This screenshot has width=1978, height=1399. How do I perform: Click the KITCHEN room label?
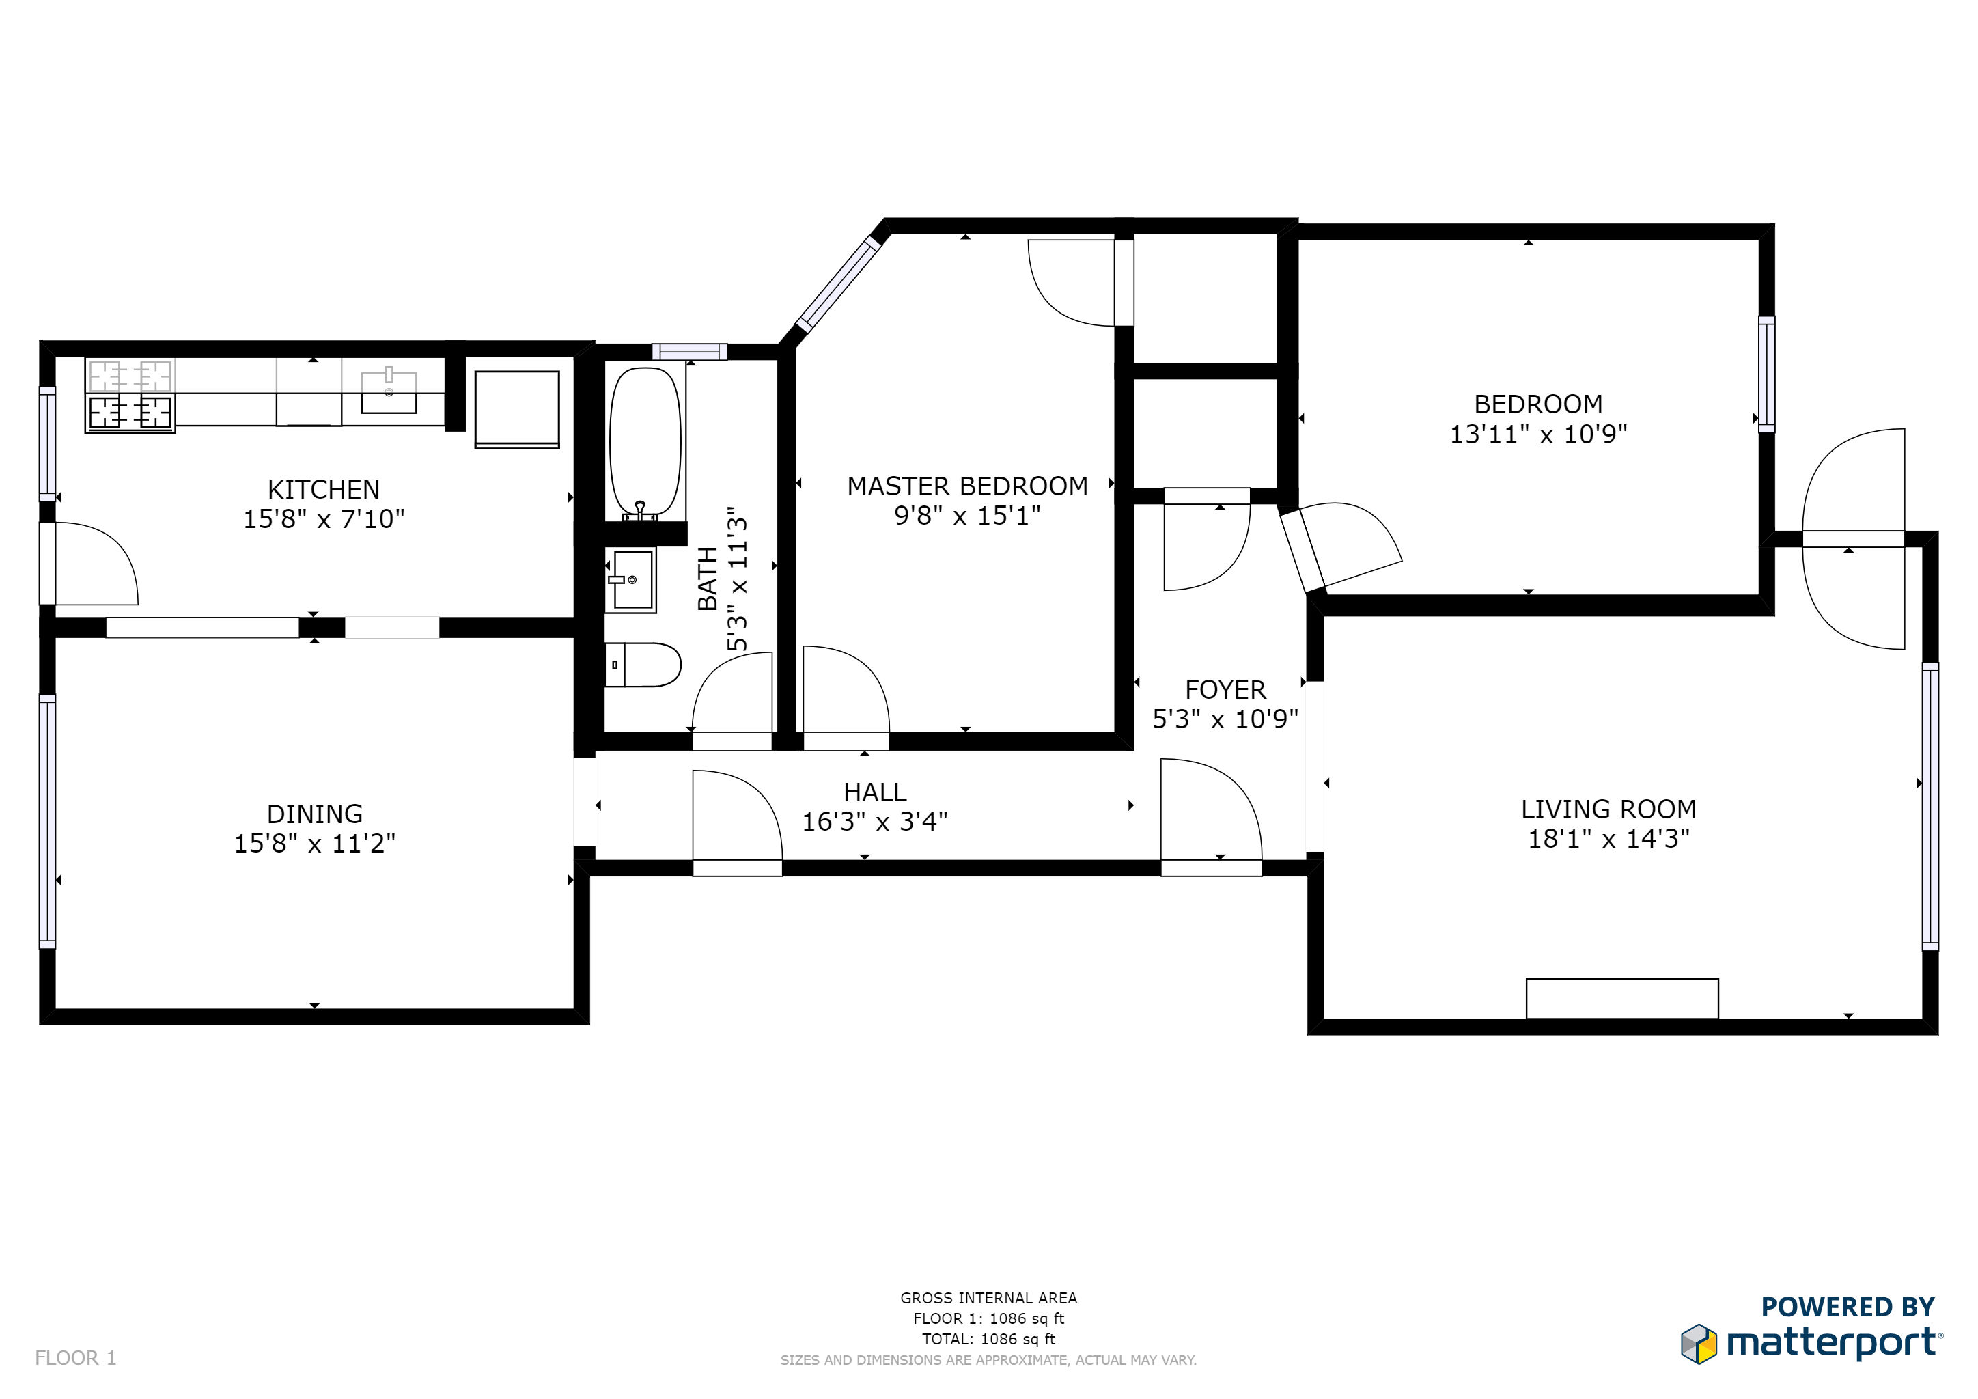point(323,489)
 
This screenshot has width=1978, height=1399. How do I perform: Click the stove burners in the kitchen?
point(130,396)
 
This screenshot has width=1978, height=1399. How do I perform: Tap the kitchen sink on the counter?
point(389,392)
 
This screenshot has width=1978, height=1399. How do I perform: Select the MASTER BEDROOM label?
point(966,486)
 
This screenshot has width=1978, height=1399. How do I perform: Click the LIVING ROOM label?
point(1608,809)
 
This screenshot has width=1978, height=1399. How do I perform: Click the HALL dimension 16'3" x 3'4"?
point(874,822)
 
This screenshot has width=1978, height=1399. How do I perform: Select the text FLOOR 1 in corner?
point(75,1357)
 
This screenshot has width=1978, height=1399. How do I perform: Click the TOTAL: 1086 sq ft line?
point(988,1339)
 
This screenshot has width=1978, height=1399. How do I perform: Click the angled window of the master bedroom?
point(837,283)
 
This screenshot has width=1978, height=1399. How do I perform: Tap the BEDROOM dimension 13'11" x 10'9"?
point(1537,434)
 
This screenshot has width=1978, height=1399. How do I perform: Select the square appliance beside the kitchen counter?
point(517,409)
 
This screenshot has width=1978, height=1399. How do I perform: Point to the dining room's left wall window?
point(47,820)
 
